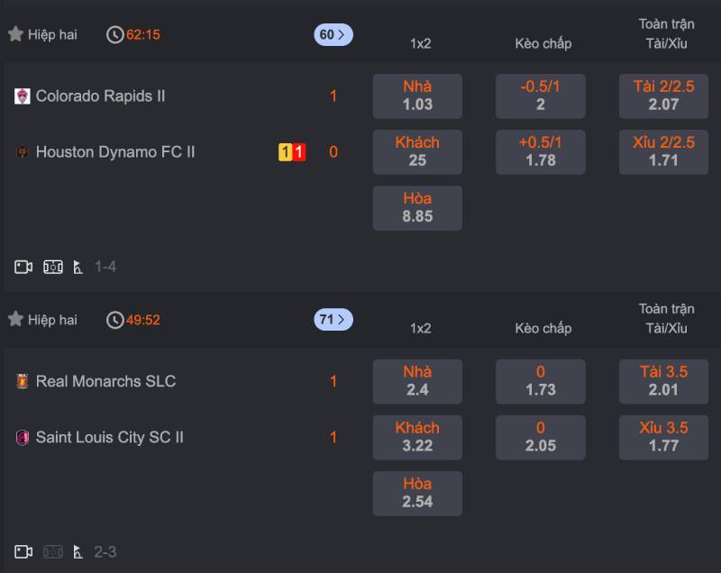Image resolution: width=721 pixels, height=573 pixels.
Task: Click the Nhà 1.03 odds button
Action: click(417, 95)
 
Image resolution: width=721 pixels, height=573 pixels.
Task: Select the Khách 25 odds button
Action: click(417, 151)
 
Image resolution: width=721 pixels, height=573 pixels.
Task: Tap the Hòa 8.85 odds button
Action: click(417, 207)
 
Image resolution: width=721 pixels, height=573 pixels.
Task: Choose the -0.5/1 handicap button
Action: click(541, 95)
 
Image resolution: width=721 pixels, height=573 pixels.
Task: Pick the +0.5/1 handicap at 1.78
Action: click(541, 151)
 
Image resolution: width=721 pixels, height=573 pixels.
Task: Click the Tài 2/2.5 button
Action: click(663, 95)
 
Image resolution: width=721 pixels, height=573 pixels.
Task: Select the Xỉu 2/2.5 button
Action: click(663, 151)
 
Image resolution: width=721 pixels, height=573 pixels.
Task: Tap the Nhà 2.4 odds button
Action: click(417, 381)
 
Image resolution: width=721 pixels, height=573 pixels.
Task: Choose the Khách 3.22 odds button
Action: click(417, 437)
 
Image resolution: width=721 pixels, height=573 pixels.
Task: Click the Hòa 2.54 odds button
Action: click(417, 493)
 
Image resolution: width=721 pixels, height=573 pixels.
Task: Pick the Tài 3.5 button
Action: click(663, 381)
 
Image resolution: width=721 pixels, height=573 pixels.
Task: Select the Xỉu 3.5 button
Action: click(663, 437)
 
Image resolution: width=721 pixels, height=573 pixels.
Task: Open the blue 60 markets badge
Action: click(333, 35)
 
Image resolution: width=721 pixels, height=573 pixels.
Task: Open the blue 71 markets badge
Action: click(333, 320)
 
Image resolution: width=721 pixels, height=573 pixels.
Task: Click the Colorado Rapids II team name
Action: click(100, 95)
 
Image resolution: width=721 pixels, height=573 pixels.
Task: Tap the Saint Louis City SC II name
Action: click(109, 437)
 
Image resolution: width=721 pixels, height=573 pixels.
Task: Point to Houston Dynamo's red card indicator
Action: click(299, 152)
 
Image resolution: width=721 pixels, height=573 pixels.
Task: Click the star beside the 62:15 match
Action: click(15, 34)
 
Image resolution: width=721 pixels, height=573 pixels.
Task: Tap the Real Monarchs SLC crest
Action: click(23, 381)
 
